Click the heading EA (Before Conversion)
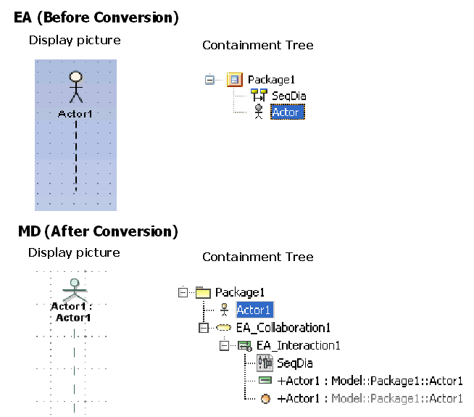coord(96,17)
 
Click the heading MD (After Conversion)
coord(97,232)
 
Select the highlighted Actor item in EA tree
coord(287,112)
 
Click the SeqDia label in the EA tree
coord(288,96)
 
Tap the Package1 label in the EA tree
coord(271,79)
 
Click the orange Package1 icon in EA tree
coord(234,79)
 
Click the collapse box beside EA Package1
coord(210,79)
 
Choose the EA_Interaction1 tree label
coord(298,345)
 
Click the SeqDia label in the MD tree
coord(295,363)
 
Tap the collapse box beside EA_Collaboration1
coord(203,328)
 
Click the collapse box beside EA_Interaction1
coord(224,345)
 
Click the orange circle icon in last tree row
coord(266,398)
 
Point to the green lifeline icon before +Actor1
coord(266,381)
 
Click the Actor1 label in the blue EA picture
coord(75,114)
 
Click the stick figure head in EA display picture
coord(75,76)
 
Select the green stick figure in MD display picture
coord(72,288)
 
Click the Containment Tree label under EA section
coord(258,45)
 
